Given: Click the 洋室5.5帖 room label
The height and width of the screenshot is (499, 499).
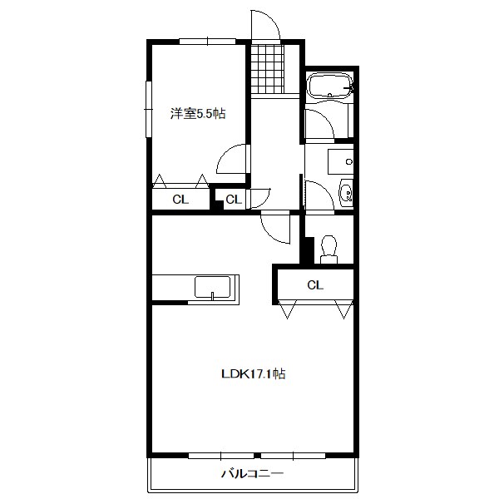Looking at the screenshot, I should tap(198, 114).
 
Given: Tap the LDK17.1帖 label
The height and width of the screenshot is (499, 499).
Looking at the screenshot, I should tap(254, 374).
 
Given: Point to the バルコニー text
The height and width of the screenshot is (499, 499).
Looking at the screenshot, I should tap(253, 475).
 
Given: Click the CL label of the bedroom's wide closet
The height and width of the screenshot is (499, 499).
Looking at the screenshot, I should tap(180, 200).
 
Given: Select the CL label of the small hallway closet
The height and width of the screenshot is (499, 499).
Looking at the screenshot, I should tap(234, 200).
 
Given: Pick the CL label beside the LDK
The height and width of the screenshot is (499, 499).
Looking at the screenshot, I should tap(314, 285).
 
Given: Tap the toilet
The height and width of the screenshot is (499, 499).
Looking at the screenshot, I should tap(329, 248).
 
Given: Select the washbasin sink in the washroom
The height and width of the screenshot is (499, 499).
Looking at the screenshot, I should tap(348, 193).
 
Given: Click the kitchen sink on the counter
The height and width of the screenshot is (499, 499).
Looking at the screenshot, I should tap(214, 288).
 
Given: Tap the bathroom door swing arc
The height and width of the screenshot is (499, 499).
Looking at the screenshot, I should tap(320, 125).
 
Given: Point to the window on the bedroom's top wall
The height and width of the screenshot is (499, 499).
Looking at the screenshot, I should tap(206, 41).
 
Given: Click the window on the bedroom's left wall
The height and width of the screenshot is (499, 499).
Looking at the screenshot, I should tap(150, 106).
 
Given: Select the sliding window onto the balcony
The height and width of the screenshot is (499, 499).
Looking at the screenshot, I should tap(257, 455).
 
